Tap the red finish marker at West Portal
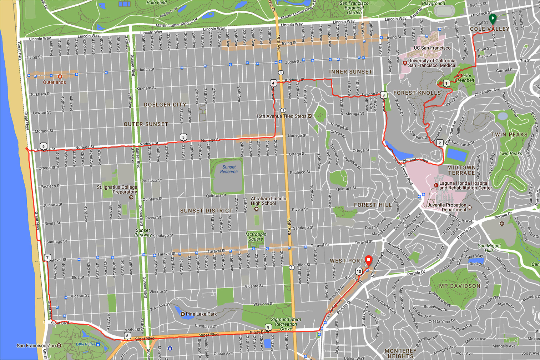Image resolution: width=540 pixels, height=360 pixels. [x=368, y=260]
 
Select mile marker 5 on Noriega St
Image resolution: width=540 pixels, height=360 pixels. [x=183, y=137]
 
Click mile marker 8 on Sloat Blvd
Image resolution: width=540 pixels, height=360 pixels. [x=127, y=336]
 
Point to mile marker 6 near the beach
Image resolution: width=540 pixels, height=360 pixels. [x=43, y=146]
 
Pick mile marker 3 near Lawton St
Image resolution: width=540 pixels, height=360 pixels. [x=384, y=95]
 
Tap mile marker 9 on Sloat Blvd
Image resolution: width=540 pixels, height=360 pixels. [x=268, y=327]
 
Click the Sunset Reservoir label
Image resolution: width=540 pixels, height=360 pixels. [x=229, y=169]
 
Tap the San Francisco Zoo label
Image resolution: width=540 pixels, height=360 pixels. [x=36, y=345]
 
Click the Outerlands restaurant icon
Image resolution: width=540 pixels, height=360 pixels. [x=60, y=76]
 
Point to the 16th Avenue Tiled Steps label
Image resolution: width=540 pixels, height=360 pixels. [x=281, y=116]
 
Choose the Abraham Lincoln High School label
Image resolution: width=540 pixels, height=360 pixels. [x=263, y=201]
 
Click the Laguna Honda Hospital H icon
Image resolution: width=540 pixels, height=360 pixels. [x=436, y=185]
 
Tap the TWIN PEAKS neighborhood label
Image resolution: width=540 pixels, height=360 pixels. [x=509, y=135]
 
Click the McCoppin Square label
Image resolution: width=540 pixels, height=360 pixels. [x=256, y=237]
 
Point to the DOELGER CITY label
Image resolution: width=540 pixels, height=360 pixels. [x=165, y=105]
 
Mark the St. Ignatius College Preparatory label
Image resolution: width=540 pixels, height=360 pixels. [x=117, y=190]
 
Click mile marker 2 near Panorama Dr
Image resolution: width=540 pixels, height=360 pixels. [x=440, y=143]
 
